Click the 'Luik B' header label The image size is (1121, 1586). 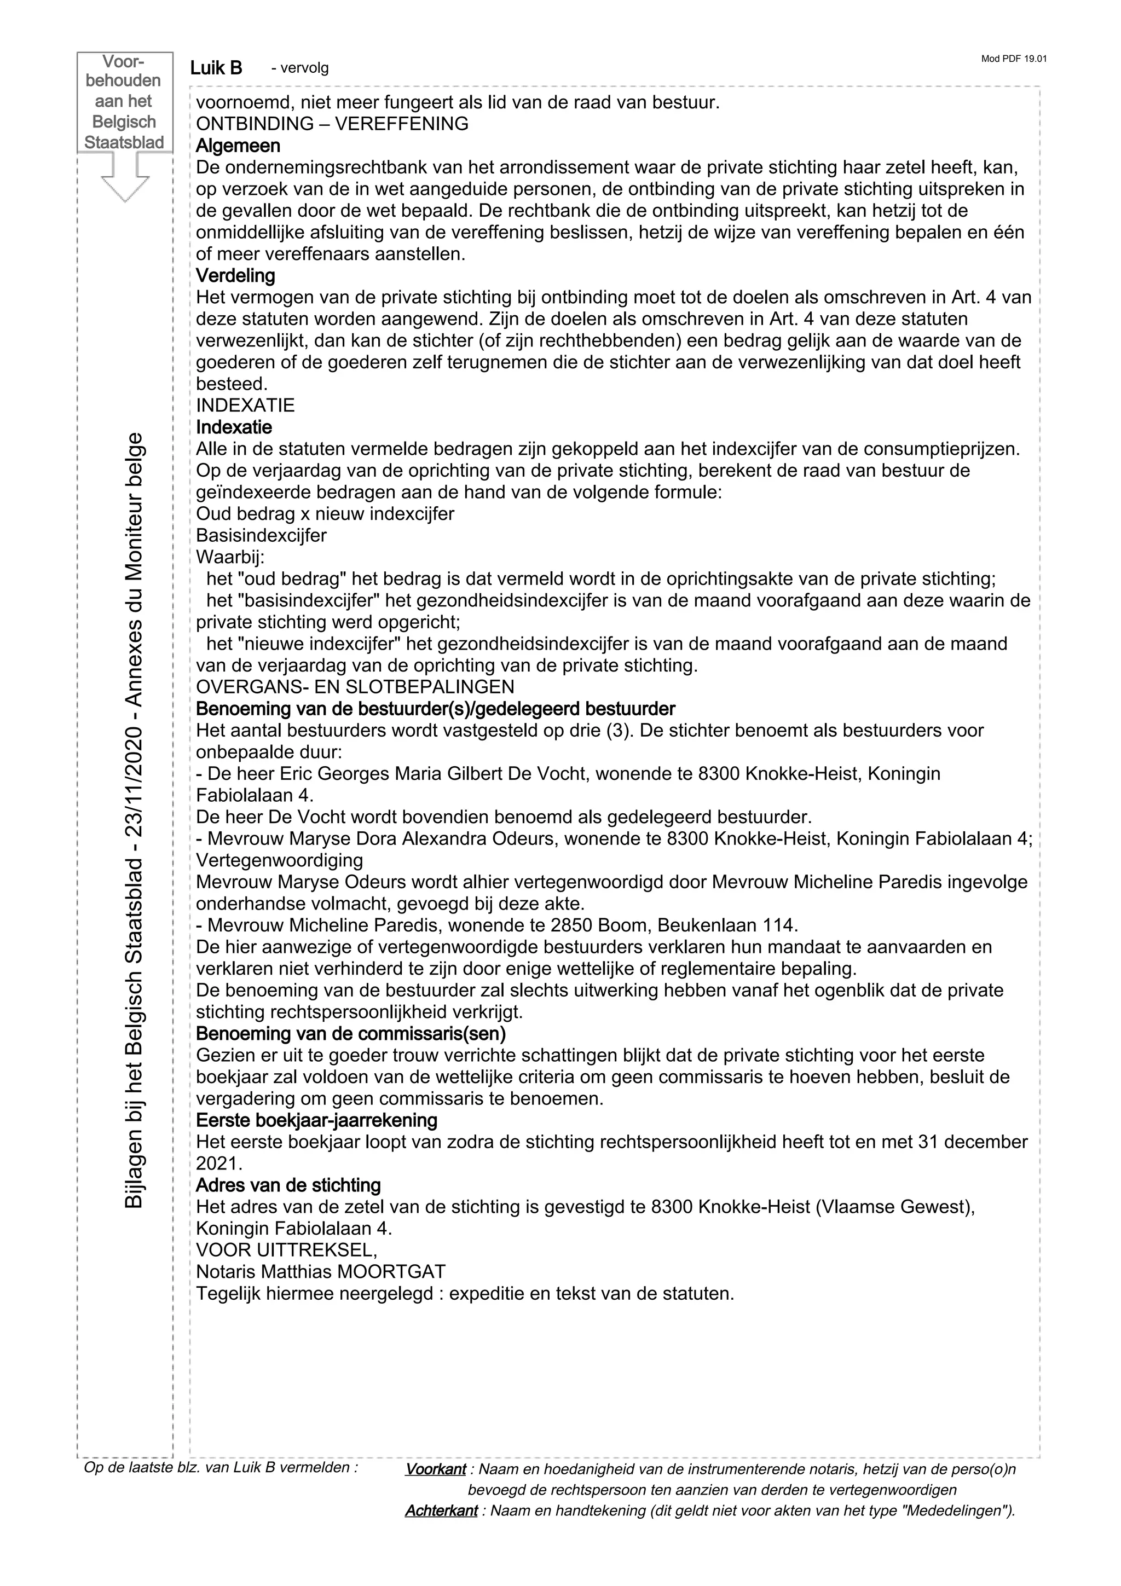(x=216, y=68)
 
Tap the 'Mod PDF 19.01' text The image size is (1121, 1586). (x=1013, y=59)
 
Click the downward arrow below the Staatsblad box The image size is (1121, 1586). (x=125, y=177)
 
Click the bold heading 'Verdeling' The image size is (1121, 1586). (x=235, y=276)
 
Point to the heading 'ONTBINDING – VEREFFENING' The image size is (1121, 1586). (x=332, y=124)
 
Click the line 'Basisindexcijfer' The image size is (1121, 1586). (x=261, y=535)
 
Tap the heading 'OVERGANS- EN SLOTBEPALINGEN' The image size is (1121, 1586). (x=355, y=687)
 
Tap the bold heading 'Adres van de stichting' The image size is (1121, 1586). (x=288, y=1185)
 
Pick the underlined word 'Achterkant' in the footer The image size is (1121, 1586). (x=441, y=1510)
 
